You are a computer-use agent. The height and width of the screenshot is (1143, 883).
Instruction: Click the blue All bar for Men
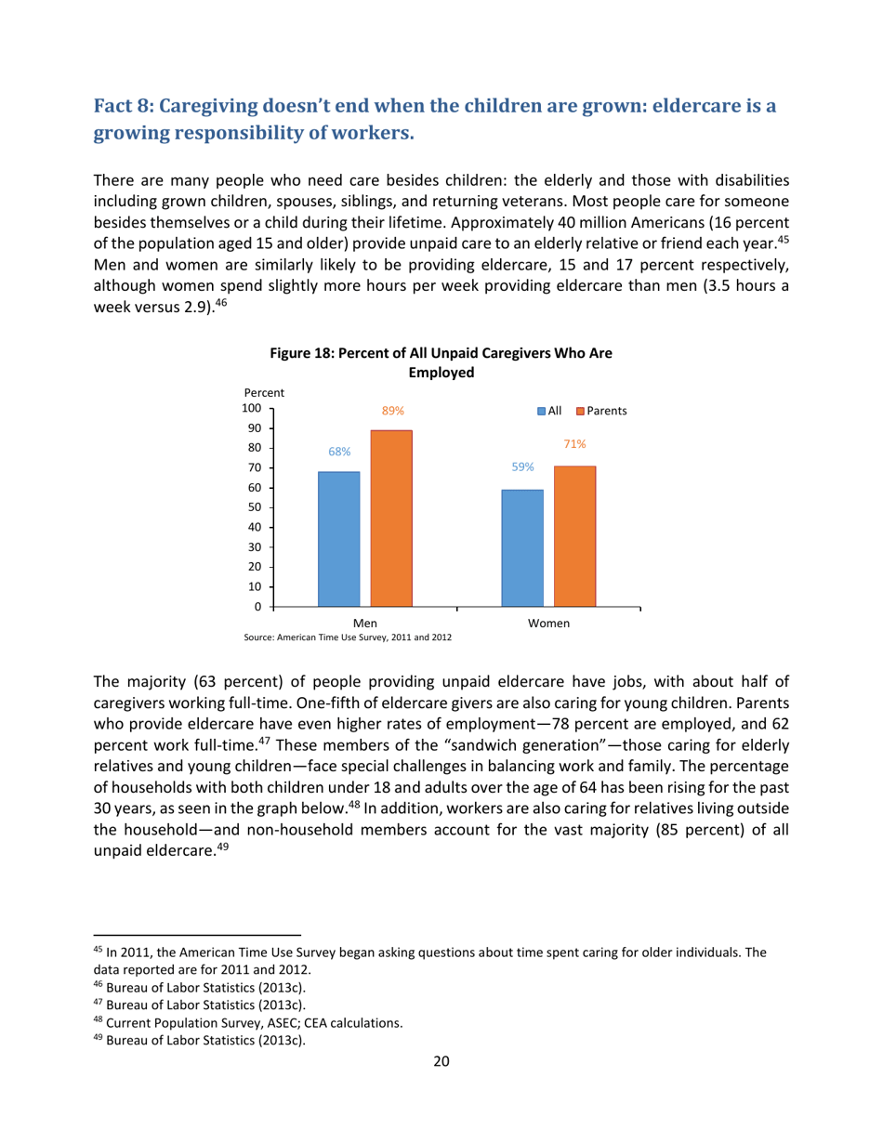pos(338,539)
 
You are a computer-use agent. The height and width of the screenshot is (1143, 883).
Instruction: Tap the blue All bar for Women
pos(521,548)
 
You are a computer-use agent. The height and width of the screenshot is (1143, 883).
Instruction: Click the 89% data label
pos(391,410)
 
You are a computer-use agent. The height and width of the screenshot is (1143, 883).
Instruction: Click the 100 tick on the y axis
pos(251,409)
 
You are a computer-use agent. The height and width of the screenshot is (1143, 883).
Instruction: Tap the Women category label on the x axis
pos(548,624)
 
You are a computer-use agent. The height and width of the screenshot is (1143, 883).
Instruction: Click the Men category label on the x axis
pos(365,624)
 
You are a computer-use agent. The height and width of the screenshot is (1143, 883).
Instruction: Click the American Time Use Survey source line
pos(348,638)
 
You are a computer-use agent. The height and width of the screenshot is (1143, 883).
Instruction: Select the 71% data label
pos(573,445)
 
